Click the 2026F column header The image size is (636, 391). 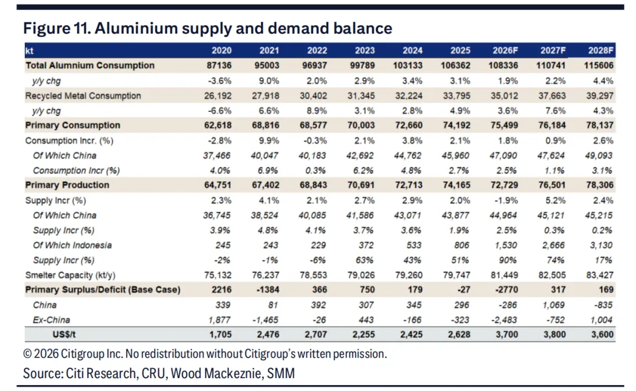pyautogui.click(x=505, y=50)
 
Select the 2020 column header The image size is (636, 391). pyautogui.click(x=221, y=50)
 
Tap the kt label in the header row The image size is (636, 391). pyautogui.click(x=29, y=51)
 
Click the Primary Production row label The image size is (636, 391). pyautogui.click(x=67, y=185)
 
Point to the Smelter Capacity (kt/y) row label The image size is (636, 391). pyautogui.click(x=70, y=275)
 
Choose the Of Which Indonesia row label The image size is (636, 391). pyautogui.click(x=72, y=245)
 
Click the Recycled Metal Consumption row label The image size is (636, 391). pyautogui.click(x=83, y=96)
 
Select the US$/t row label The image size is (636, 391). pyautogui.click(x=64, y=334)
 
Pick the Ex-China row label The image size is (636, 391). pyautogui.click(x=51, y=320)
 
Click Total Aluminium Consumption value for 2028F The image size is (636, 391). pyautogui.click(x=598, y=65)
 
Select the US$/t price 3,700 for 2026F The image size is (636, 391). pyautogui.click(x=506, y=334)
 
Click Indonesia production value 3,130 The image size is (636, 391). pyautogui.click(x=601, y=245)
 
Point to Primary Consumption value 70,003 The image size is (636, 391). pyautogui.click(x=361, y=125)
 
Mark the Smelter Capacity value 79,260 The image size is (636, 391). pyautogui.click(x=409, y=275)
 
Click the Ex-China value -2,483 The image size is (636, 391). pyautogui.click(x=503, y=320)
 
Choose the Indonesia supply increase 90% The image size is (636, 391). pyautogui.click(x=508, y=260)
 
